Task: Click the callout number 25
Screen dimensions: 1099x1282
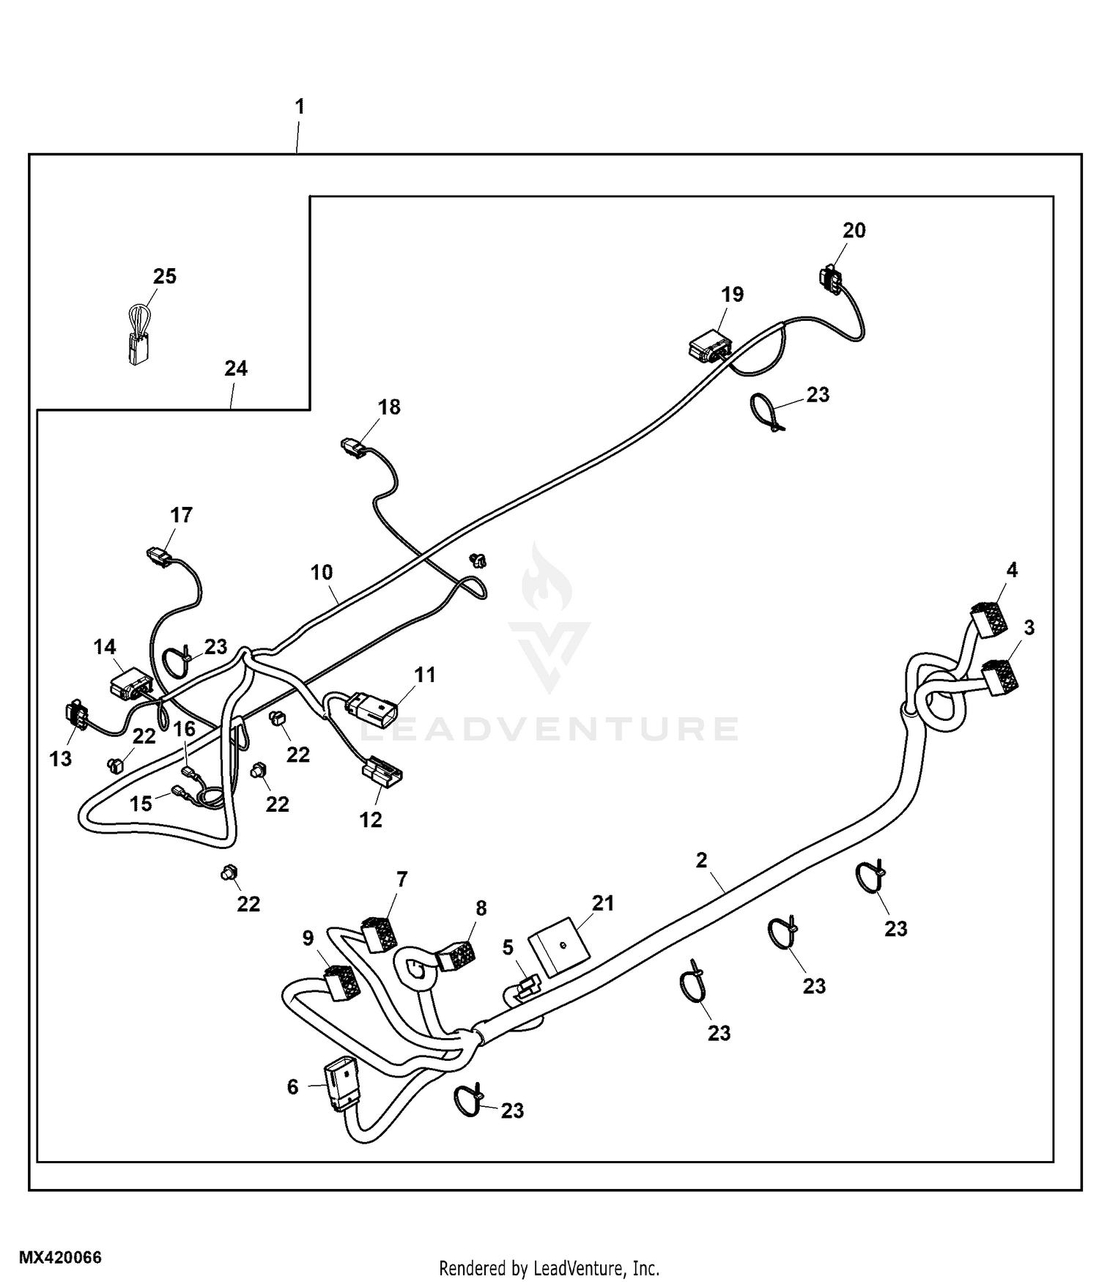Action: [165, 276]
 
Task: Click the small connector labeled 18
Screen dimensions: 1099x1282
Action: [352, 447]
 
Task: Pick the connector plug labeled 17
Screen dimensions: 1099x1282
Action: [158, 558]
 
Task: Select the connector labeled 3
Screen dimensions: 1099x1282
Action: [999, 676]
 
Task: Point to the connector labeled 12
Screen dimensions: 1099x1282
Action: [381, 772]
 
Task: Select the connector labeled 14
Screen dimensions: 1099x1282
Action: [130, 684]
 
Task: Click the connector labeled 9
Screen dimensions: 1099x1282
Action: [341, 982]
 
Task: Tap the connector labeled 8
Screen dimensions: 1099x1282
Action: [456, 956]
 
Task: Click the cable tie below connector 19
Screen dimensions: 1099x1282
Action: [769, 412]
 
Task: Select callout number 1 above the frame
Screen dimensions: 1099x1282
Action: [299, 107]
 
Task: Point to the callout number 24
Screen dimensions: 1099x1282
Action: [235, 368]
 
